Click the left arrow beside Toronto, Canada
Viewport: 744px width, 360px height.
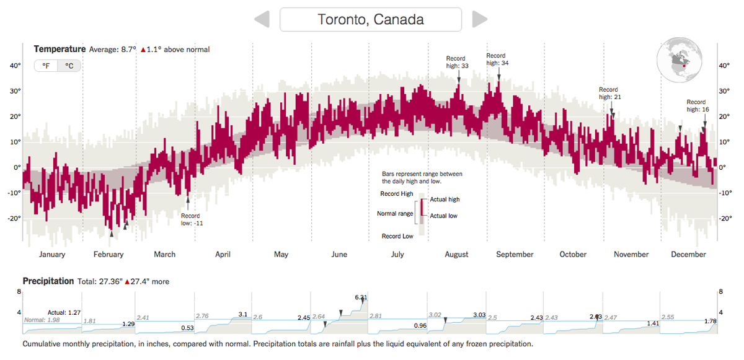pyautogui.click(x=262, y=19)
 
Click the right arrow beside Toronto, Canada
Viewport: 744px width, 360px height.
pyautogui.click(x=479, y=19)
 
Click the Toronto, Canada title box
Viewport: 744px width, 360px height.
pyautogui.click(x=371, y=19)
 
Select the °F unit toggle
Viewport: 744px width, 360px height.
pyautogui.click(x=46, y=65)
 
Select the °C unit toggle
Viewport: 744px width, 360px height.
pyautogui.click(x=69, y=65)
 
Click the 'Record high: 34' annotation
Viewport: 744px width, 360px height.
pyautogui.click(x=496, y=59)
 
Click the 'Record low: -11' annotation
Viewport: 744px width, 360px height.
pyautogui.click(x=192, y=219)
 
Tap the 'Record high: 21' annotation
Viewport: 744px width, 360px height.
pyautogui.click(x=609, y=93)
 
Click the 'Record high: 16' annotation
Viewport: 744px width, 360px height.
pyautogui.click(x=696, y=105)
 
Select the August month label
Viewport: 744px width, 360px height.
pyautogui.click(x=456, y=255)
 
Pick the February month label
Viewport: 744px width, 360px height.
pyautogui.click(x=108, y=255)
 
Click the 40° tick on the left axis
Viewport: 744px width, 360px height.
pyautogui.click(x=14, y=66)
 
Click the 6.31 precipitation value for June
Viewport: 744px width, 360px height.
pyautogui.click(x=361, y=297)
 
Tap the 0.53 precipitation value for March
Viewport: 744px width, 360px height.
pyautogui.click(x=188, y=327)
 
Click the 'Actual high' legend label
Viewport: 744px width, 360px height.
pyautogui.click(x=445, y=200)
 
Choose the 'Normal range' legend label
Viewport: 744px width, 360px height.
pyautogui.click(x=395, y=214)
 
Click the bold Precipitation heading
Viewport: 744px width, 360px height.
pyautogui.click(x=48, y=281)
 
